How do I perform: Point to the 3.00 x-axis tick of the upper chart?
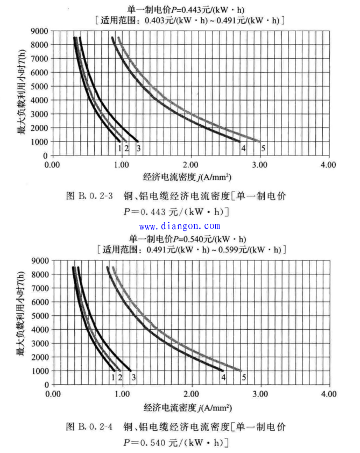259,164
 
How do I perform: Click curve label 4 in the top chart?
243,148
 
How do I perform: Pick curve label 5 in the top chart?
263,148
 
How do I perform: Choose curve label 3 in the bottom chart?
133,378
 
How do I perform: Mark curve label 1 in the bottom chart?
112,378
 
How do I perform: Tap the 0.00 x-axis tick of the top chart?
52,164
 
